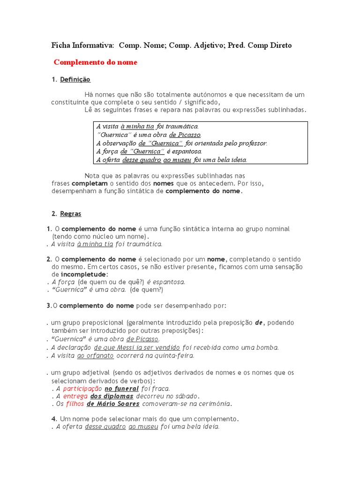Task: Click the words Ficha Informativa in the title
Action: (82, 45)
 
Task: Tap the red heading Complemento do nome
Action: (96, 62)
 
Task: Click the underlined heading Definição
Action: (75, 80)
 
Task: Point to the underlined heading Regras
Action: (70, 214)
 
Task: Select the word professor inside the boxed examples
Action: (252, 143)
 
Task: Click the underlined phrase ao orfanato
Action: (95, 355)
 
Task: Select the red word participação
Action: (82, 389)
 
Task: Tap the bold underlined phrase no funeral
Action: (121, 389)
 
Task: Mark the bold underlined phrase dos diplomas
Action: (112, 396)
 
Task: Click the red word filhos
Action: (75, 404)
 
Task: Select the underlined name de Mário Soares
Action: (113, 404)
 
